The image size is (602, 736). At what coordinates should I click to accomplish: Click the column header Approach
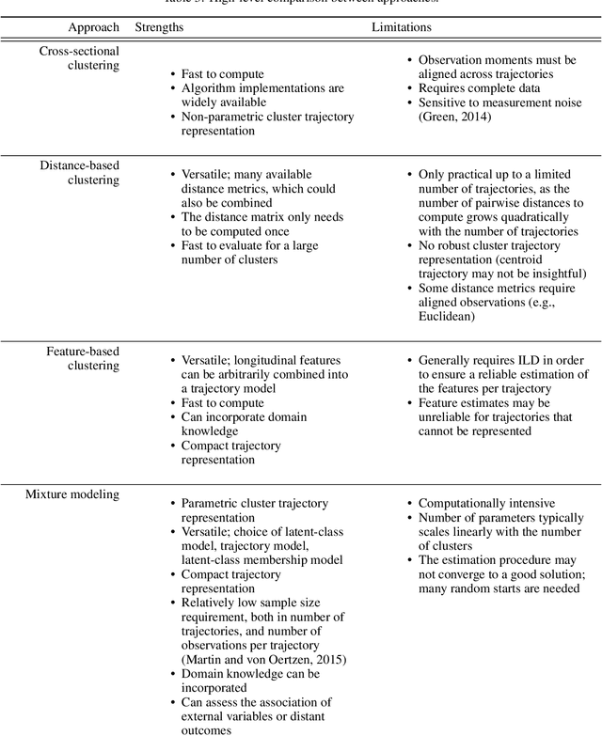click(93, 28)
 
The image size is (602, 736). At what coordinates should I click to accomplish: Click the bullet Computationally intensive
click(486, 504)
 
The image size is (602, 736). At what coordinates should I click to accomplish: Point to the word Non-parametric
click(215, 117)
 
